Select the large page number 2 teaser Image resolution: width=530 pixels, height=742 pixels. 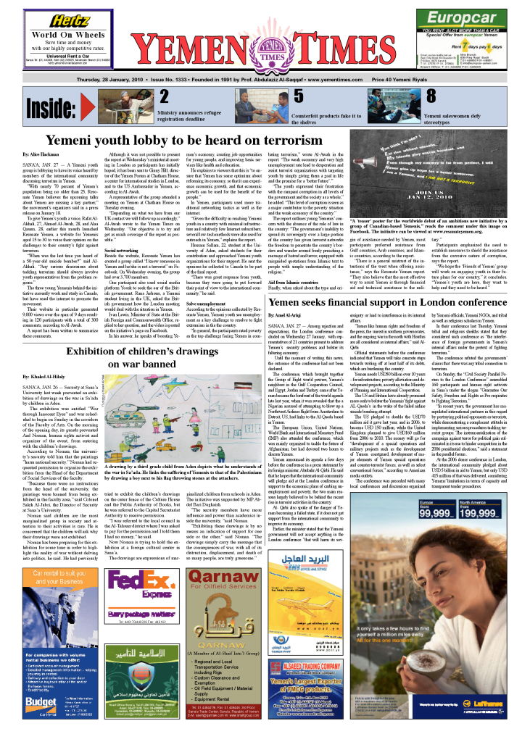pyautogui.click(x=165, y=97)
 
